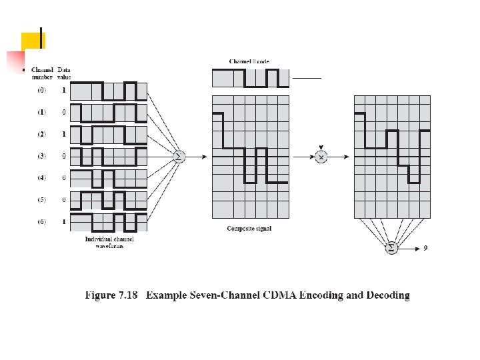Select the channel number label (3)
42,156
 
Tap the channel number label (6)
42,221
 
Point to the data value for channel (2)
64,134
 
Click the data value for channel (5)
64,200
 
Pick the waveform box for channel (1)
108,113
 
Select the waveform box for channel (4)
108,178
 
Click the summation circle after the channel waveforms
179,157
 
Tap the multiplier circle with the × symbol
321,157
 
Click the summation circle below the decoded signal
391,248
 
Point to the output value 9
425,248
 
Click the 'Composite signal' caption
249,229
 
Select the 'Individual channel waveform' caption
108,241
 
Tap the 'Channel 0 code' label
249,61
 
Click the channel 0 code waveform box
251,78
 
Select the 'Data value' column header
64,73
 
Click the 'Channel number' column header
42,73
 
